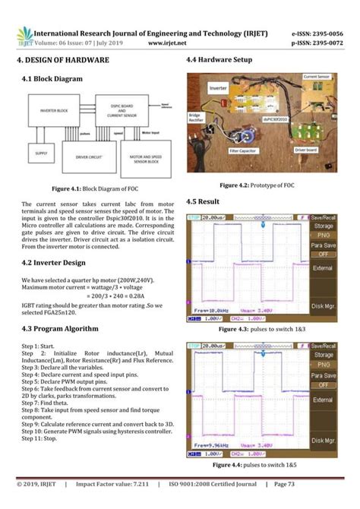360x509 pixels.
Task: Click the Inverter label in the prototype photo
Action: (219, 88)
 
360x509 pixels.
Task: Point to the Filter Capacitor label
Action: (244, 160)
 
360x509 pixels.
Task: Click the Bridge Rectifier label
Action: (199, 119)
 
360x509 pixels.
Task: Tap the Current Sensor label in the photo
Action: (316, 77)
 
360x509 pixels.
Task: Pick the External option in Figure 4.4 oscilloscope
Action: (323, 400)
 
